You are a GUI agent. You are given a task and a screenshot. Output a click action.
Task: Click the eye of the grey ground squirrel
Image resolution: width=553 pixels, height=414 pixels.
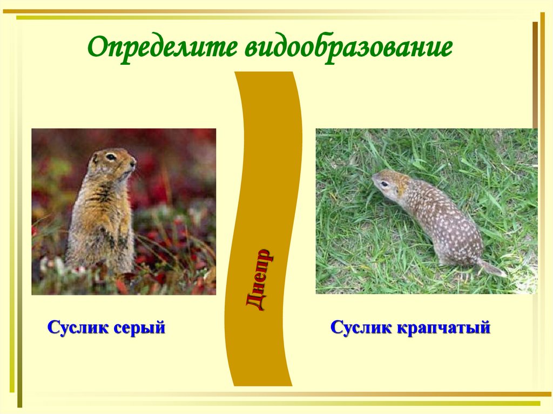pos(111,157)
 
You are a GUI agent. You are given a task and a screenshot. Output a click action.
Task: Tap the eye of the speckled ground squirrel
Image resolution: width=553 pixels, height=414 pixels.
pos(385,183)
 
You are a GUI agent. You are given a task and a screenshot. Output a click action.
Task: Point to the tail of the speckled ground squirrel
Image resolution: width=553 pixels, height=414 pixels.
pos(492,268)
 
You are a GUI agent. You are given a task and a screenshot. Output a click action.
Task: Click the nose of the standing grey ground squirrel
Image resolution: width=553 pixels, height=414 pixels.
pos(133,160)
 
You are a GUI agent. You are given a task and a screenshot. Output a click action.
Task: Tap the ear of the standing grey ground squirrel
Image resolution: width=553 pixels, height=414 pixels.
pos(95,158)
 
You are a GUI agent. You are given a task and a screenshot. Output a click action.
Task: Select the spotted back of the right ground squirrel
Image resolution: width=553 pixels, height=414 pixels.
pos(443,216)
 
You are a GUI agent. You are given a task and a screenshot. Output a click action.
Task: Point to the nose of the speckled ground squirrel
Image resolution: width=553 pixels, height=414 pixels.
pos(373,180)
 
